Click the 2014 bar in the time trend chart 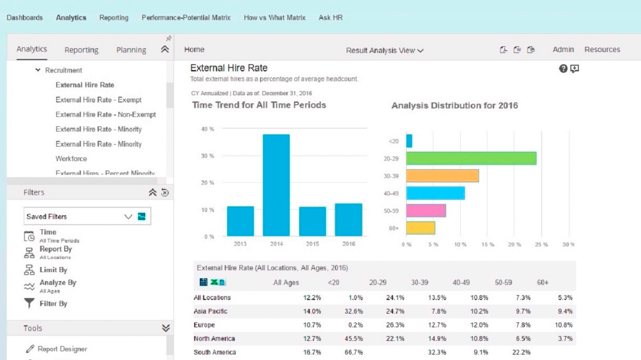(x=277, y=185)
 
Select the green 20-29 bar (x=471, y=159)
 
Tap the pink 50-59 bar (x=426, y=211)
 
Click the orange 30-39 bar (x=442, y=176)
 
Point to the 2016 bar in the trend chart (x=349, y=220)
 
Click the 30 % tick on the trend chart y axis (x=207, y=156)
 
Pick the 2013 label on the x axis (x=240, y=244)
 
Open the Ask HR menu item (x=331, y=18)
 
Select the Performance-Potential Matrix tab (x=186, y=18)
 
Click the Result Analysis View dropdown (x=385, y=50)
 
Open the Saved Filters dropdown (x=87, y=217)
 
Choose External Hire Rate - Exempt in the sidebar (x=98, y=100)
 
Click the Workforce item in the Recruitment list (x=71, y=159)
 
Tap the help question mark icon (x=563, y=68)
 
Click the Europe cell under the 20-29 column (x=395, y=325)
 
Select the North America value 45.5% (x=354, y=339)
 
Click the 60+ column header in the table (x=543, y=283)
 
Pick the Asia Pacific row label (x=211, y=311)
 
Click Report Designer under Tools (x=62, y=349)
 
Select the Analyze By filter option (x=57, y=283)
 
